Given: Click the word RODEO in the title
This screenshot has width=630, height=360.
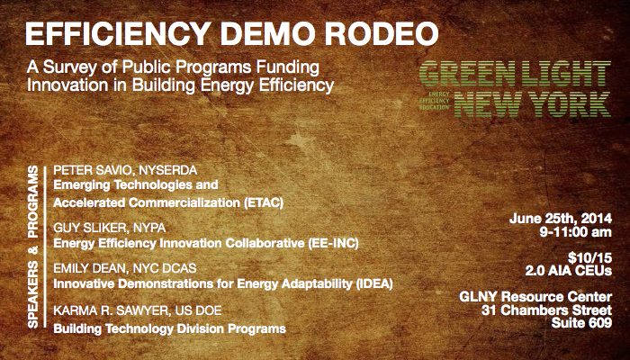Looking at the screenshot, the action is (x=382, y=33).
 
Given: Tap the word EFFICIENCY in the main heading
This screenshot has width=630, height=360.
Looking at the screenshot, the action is (x=118, y=33).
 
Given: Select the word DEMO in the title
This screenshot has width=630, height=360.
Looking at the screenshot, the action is (x=267, y=33).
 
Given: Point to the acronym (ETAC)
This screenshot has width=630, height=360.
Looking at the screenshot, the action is (x=264, y=202).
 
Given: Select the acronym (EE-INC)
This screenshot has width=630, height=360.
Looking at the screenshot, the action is (x=333, y=244).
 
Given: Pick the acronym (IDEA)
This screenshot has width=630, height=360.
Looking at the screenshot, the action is (x=374, y=284).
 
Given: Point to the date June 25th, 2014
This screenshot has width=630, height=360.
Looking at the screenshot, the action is (x=561, y=219).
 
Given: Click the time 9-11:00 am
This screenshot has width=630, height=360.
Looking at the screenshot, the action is (x=576, y=232).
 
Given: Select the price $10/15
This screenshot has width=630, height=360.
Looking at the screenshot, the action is (x=589, y=257).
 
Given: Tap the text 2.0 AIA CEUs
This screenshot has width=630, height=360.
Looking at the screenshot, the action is (x=569, y=271).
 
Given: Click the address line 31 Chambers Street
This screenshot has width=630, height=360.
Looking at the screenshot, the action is (x=546, y=310).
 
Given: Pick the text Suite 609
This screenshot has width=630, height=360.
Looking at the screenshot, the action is (x=581, y=322).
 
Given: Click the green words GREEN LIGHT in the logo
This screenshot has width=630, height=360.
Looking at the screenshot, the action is (x=515, y=74).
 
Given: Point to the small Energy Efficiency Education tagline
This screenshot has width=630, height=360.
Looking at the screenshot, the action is (x=434, y=101).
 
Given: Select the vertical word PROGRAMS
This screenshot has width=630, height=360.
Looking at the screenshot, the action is (x=33, y=202).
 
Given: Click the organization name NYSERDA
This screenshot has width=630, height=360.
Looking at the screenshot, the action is (x=168, y=170).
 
